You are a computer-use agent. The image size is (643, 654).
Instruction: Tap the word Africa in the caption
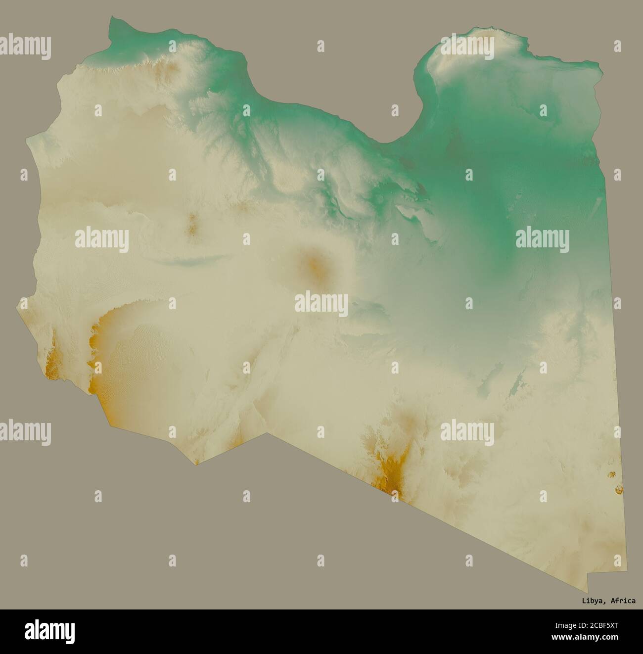[x=623, y=601]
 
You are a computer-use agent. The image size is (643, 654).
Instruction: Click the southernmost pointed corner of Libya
[x=588, y=591]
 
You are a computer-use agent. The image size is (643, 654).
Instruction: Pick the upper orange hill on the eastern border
[x=613, y=475]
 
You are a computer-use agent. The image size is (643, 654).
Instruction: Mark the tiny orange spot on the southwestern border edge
[x=197, y=463]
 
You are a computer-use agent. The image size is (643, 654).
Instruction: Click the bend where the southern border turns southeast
[x=268, y=434]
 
